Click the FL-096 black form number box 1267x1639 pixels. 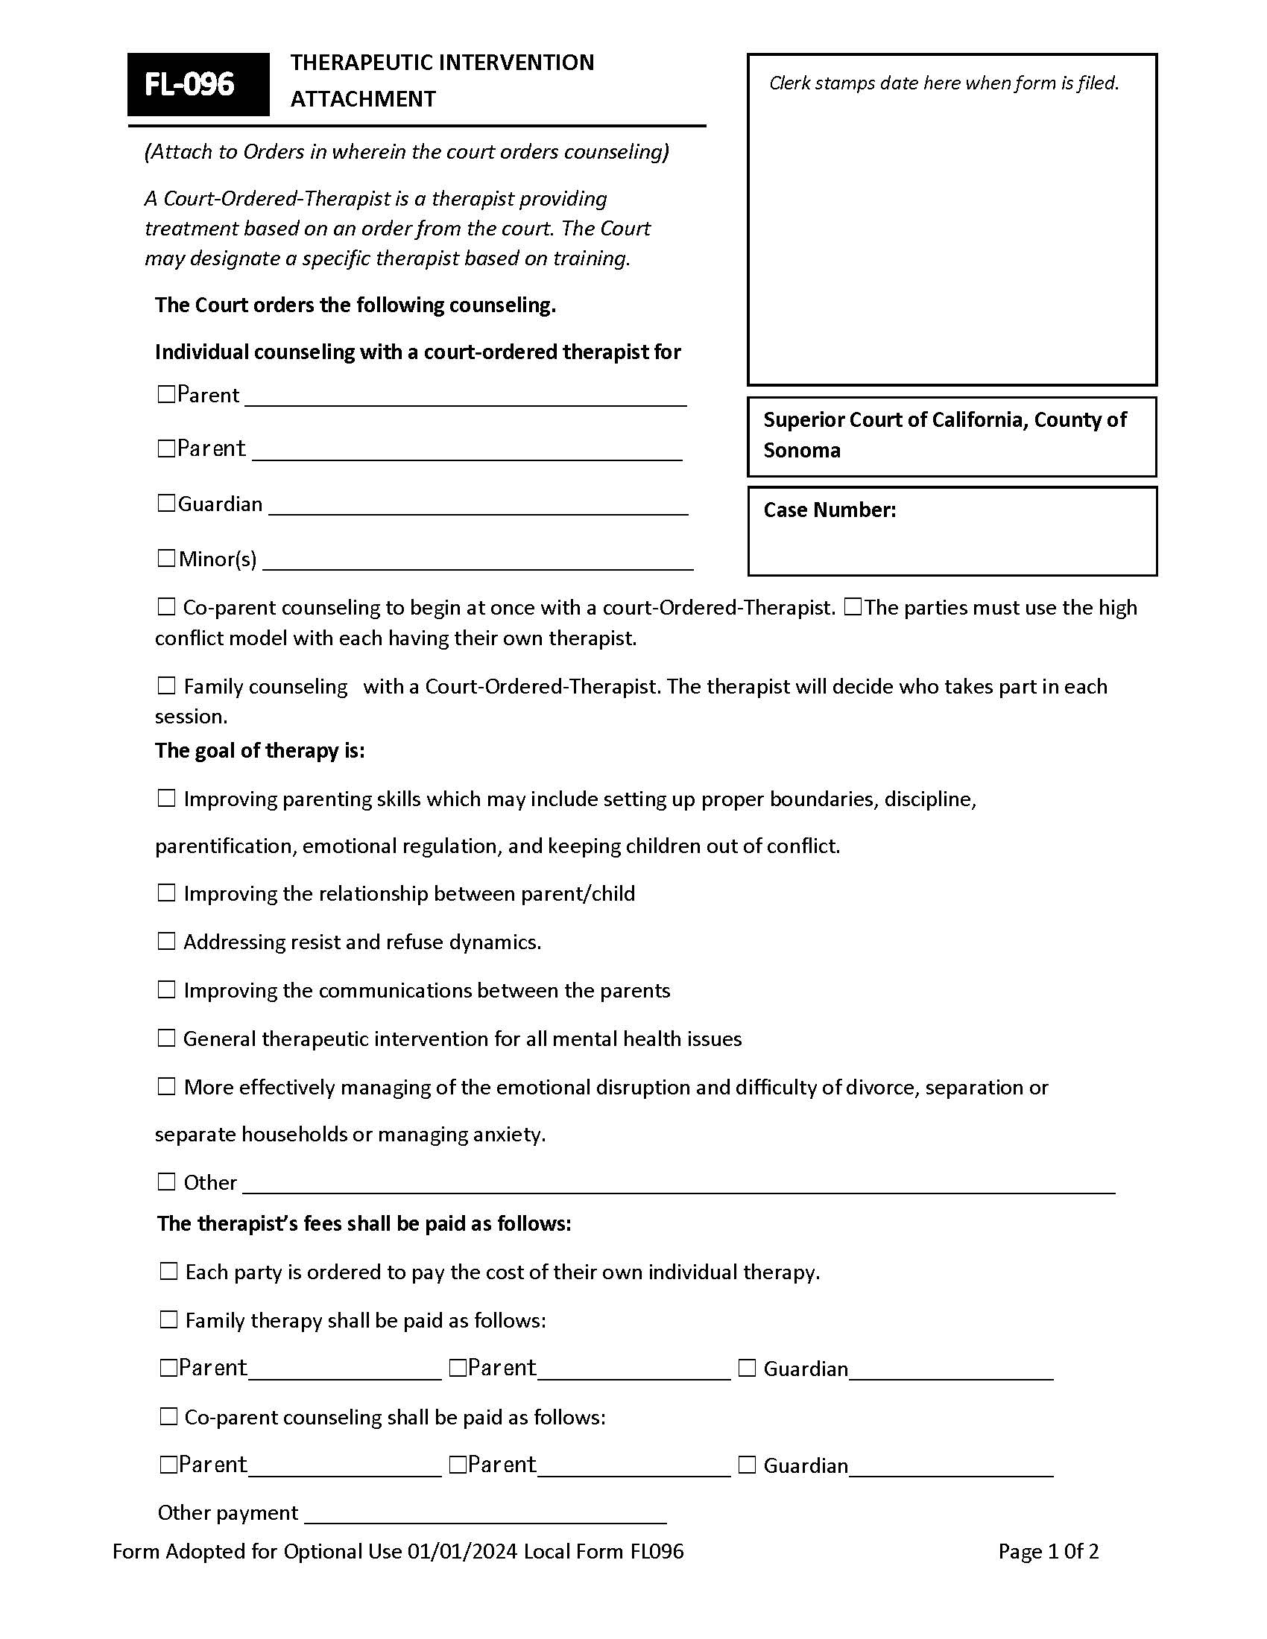pyautogui.click(x=198, y=84)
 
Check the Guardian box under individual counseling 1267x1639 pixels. pyautogui.click(x=166, y=503)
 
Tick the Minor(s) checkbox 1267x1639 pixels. pyautogui.click(x=166, y=558)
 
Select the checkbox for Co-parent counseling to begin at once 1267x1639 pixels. pyautogui.click(x=166, y=606)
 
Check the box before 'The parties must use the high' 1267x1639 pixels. pyautogui.click(x=852, y=606)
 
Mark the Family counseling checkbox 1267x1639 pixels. pyautogui.click(x=166, y=685)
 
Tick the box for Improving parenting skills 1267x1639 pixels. pyautogui.click(x=166, y=798)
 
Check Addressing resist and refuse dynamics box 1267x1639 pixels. pyautogui.click(x=166, y=941)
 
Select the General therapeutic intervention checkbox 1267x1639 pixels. pyautogui.click(x=166, y=1038)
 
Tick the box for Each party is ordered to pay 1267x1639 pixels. pyautogui.click(x=168, y=1271)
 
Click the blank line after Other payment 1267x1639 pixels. pyautogui.click(x=485, y=1515)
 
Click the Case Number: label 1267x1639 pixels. pyautogui.click(x=830, y=510)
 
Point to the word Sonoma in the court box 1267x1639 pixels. pyautogui.click(x=802, y=450)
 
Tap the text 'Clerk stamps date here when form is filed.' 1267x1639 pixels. pyautogui.click(x=944, y=83)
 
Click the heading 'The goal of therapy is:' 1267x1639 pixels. pyautogui.click(x=259, y=750)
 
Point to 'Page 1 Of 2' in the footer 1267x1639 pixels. pyautogui.click(x=1048, y=1552)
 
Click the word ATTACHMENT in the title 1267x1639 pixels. pyautogui.click(x=363, y=99)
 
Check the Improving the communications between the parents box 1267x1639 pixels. pyautogui.click(x=166, y=989)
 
